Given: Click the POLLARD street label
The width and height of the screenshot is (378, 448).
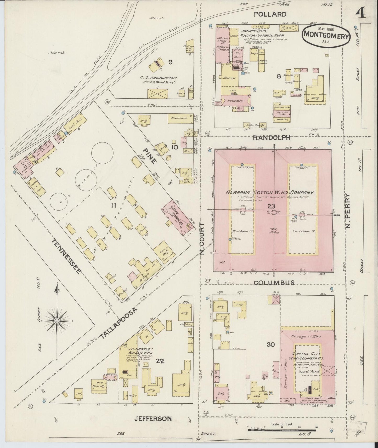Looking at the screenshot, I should tap(270, 14).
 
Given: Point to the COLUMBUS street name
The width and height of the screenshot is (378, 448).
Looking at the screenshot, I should tap(274, 283).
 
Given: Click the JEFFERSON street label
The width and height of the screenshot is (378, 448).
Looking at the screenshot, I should tap(153, 418).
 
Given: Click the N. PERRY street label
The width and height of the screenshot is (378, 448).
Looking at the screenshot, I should tap(348, 211).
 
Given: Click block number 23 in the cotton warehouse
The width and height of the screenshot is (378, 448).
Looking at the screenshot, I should tap(271, 206).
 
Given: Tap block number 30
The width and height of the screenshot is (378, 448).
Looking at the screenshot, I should tap(270, 344).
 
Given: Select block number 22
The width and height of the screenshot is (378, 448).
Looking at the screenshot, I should tap(160, 361).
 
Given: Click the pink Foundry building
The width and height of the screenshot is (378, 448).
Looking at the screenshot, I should tap(235, 101).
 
